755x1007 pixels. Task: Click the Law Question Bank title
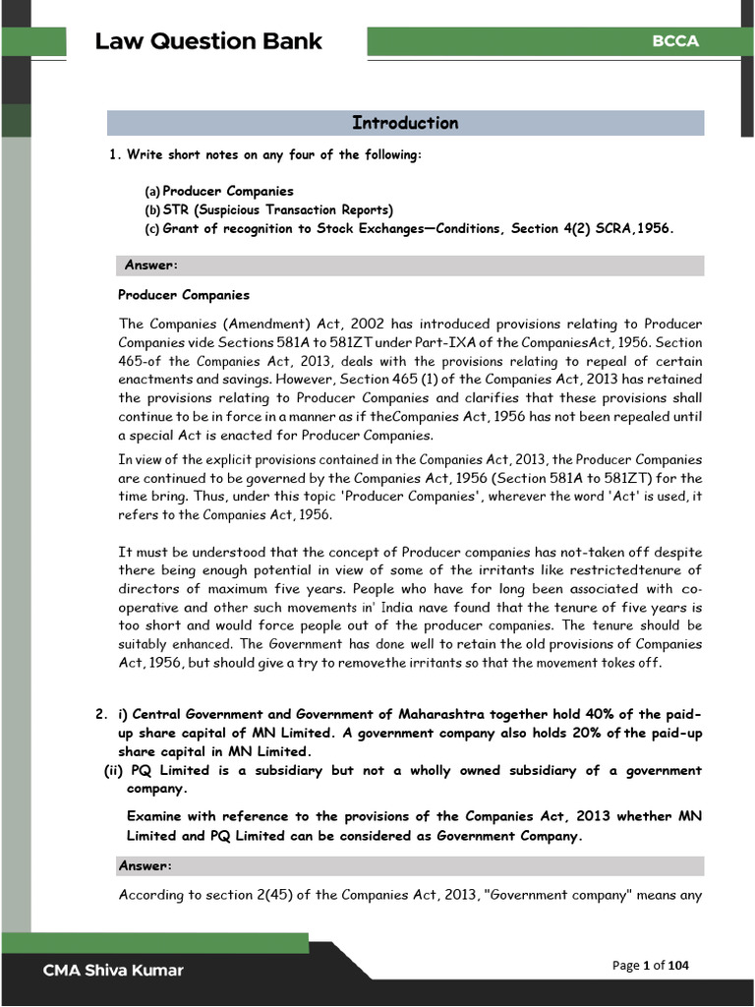coord(208,41)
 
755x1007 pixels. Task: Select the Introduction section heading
coord(405,123)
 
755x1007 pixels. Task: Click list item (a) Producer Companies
coord(227,191)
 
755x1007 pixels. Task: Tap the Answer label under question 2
coord(145,865)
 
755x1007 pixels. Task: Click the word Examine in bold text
coord(161,817)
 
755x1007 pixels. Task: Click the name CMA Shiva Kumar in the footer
coord(112,971)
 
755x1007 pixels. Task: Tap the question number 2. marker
coord(100,714)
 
